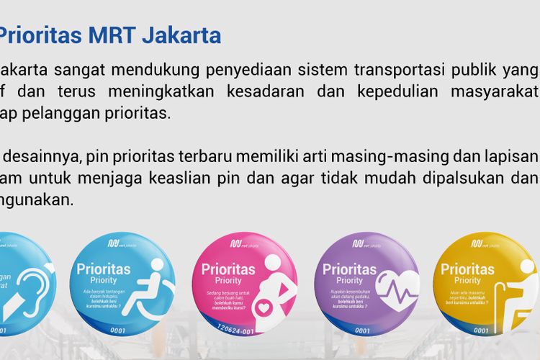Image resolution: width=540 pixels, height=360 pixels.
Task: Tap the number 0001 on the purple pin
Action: pyautogui.click(x=363, y=331)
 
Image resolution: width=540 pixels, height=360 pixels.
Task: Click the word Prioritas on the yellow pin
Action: pyautogui.click(x=467, y=269)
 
